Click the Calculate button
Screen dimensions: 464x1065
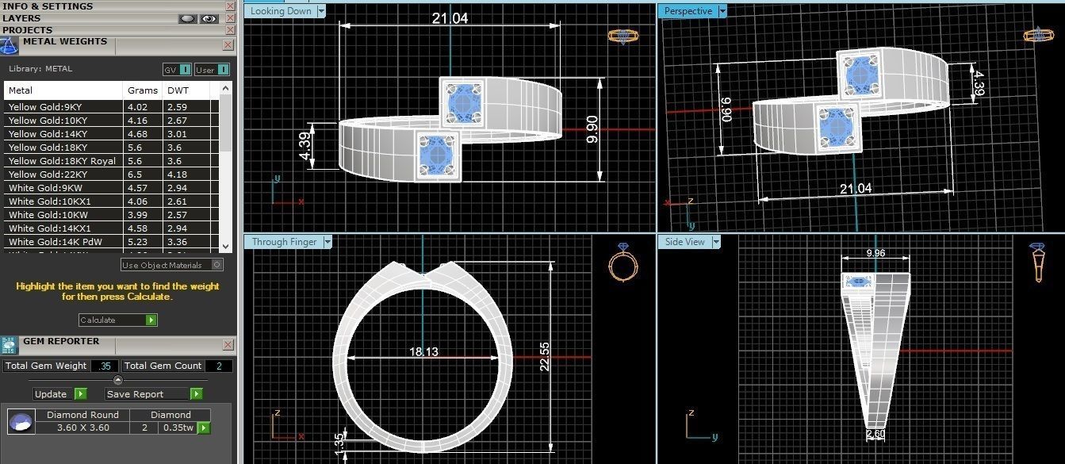coord(117,320)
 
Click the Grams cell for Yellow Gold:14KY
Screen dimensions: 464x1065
coord(137,133)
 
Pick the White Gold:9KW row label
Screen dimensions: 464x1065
coord(44,188)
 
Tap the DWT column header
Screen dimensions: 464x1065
coord(178,90)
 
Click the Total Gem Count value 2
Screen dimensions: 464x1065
coord(219,366)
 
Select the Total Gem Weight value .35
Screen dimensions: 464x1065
coord(104,366)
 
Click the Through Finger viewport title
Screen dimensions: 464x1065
coord(284,242)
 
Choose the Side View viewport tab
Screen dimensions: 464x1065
coord(684,242)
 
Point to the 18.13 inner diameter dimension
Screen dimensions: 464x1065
coord(423,351)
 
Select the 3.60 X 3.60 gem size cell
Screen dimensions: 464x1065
coord(82,428)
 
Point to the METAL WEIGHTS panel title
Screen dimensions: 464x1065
coord(64,42)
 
